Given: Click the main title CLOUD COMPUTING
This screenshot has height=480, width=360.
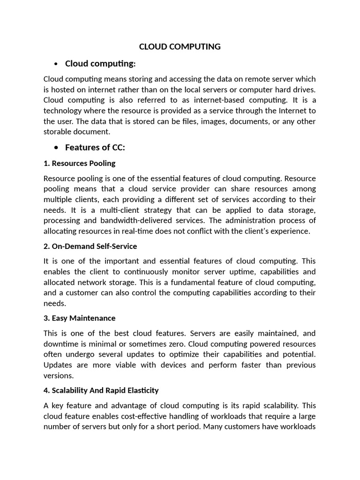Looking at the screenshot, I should [180, 46].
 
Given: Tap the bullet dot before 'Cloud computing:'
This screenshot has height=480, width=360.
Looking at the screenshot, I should [56, 64].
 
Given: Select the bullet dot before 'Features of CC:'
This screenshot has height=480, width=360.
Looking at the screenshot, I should [56, 148].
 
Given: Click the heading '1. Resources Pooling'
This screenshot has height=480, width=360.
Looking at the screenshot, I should [79, 164].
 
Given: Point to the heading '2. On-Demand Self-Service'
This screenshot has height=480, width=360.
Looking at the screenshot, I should [90, 246].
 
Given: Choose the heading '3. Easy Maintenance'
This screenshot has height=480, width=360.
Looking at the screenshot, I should [79, 318].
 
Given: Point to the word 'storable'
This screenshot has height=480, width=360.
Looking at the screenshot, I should [58, 132].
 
